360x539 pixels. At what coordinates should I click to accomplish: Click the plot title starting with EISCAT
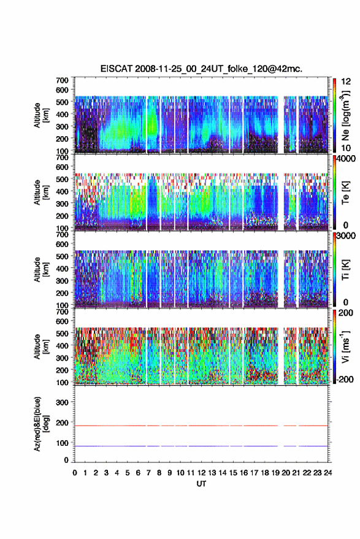(x=202, y=69)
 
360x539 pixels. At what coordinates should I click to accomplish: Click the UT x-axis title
(x=202, y=484)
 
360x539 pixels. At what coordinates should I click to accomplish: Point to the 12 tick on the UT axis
(x=202, y=473)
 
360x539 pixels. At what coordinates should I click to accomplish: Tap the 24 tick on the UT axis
(x=327, y=473)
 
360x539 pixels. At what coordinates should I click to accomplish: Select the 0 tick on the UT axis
(x=75, y=473)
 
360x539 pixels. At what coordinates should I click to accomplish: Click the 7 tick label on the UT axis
(x=148, y=473)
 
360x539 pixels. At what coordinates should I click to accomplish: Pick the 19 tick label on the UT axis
(x=275, y=473)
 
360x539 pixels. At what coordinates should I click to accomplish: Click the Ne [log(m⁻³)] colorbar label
(x=345, y=115)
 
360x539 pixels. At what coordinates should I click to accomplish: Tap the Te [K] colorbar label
(x=345, y=193)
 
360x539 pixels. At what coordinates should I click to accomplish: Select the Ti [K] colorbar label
(x=345, y=270)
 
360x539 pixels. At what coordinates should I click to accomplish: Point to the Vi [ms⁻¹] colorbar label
(x=345, y=346)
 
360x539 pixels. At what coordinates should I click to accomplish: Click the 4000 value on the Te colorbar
(x=347, y=159)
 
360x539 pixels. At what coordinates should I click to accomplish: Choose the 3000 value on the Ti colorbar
(x=347, y=236)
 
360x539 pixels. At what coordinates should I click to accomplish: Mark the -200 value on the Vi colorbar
(x=345, y=380)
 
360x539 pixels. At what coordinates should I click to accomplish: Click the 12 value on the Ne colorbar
(x=347, y=82)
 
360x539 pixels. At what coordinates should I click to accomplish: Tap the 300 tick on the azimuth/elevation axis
(x=63, y=402)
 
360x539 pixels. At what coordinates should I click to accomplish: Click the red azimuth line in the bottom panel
(x=201, y=426)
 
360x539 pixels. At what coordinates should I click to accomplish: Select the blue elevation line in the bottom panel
(x=201, y=446)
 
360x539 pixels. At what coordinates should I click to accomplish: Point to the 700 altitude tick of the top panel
(x=62, y=80)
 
